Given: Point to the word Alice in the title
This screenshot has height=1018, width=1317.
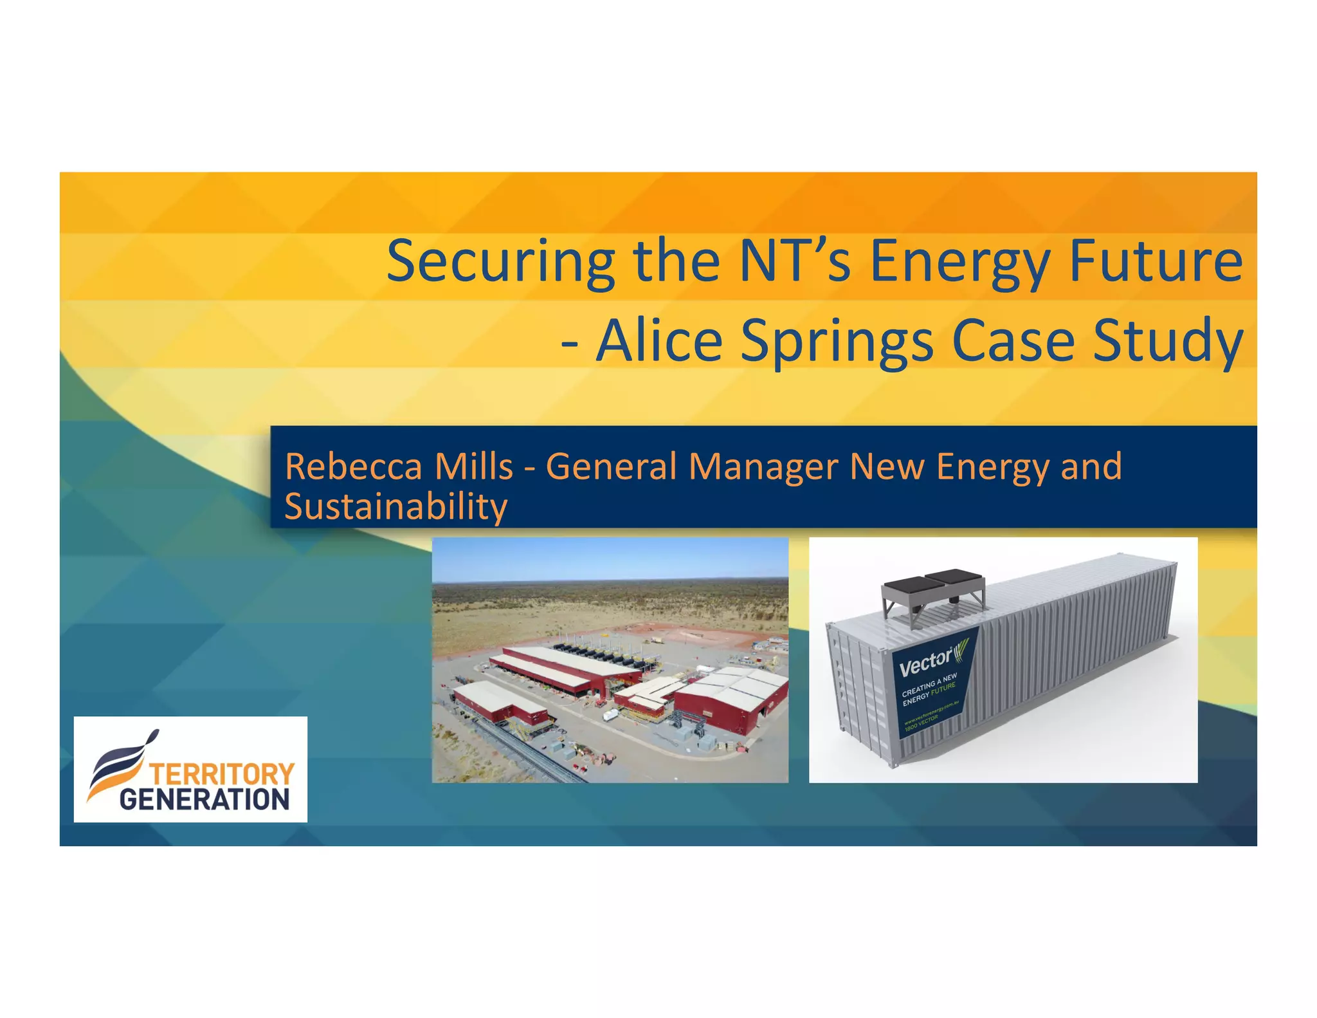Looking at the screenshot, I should click(x=660, y=340).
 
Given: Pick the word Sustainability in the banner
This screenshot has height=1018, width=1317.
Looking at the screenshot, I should click(x=396, y=507).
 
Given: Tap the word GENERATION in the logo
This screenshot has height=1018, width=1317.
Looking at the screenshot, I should click(x=204, y=800).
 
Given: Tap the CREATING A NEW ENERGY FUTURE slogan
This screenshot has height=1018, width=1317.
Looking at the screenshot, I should click(x=929, y=690).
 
